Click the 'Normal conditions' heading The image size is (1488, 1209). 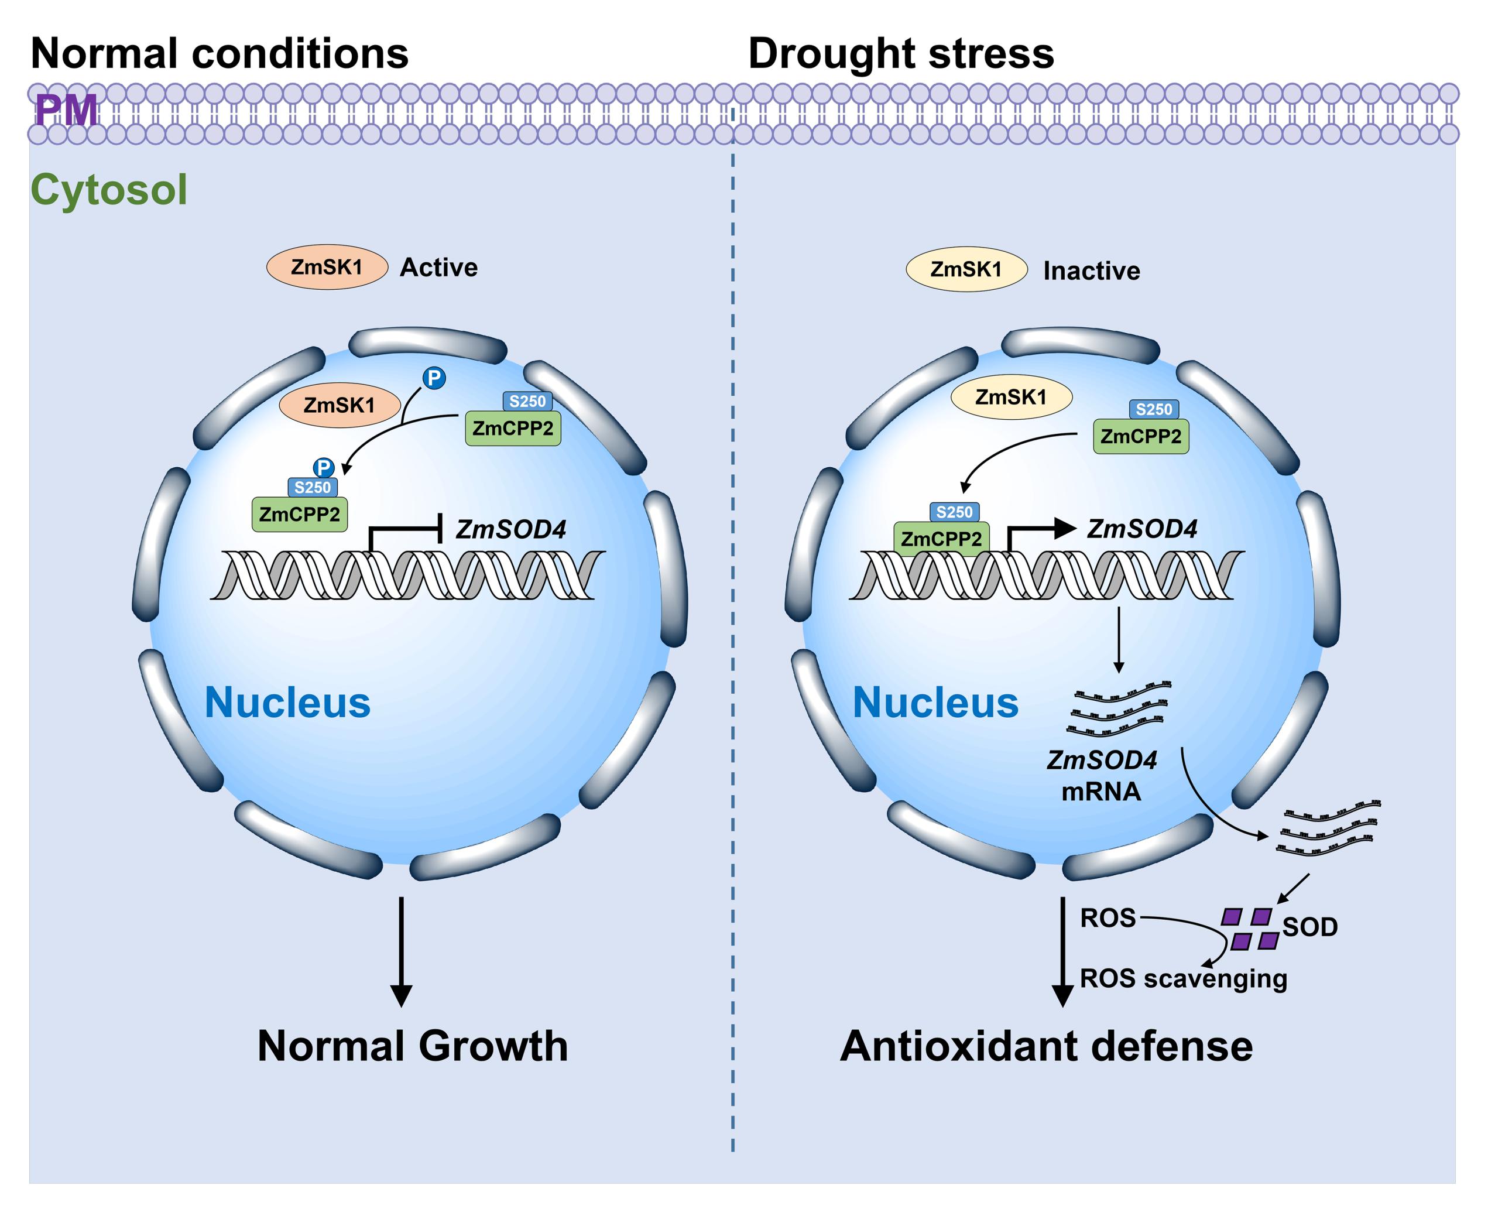click(220, 54)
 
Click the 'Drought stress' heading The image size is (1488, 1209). click(900, 54)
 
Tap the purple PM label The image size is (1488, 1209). click(66, 111)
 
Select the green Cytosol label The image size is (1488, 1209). click(109, 190)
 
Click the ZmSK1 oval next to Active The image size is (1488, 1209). click(327, 268)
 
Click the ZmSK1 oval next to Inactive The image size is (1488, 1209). click(966, 269)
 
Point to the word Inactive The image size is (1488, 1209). click(1091, 271)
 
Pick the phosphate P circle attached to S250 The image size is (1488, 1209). click(324, 467)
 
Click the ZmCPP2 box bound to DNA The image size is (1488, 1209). click(941, 538)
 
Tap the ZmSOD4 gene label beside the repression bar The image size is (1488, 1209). click(510, 530)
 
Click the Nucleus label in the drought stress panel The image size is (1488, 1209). click(935, 703)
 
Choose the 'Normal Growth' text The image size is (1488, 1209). click(412, 1046)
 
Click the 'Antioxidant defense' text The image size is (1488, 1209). click(1046, 1046)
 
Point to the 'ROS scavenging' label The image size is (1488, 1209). click(1183, 978)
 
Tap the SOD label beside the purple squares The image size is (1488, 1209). click(1309, 927)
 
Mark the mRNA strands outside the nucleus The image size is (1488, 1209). click(1327, 827)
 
